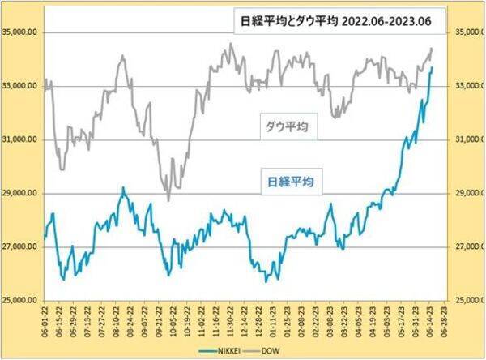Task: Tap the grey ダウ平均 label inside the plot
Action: click(290, 127)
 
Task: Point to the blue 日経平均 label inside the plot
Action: click(290, 183)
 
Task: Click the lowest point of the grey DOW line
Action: click(168, 200)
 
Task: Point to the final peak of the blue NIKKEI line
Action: click(432, 68)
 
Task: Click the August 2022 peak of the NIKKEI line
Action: click(123, 188)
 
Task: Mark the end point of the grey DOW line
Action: click(433, 50)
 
